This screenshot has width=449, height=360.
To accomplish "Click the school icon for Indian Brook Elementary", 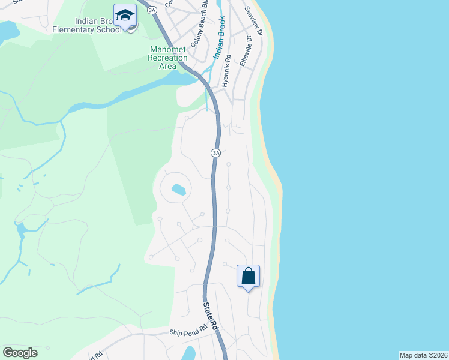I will (125, 15).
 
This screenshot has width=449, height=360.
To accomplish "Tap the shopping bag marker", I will (249, 277).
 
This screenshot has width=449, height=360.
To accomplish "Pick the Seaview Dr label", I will (253, 21).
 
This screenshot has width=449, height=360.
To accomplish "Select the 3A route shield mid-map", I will (216, 153).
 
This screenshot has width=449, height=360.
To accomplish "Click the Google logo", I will (20, 353).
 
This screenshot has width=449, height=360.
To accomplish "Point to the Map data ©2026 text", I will (423, 355).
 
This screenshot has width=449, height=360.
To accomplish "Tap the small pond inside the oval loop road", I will (178, 190).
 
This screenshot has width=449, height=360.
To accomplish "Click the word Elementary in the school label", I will (81, 31).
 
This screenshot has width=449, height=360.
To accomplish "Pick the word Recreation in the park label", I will (168, 58).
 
